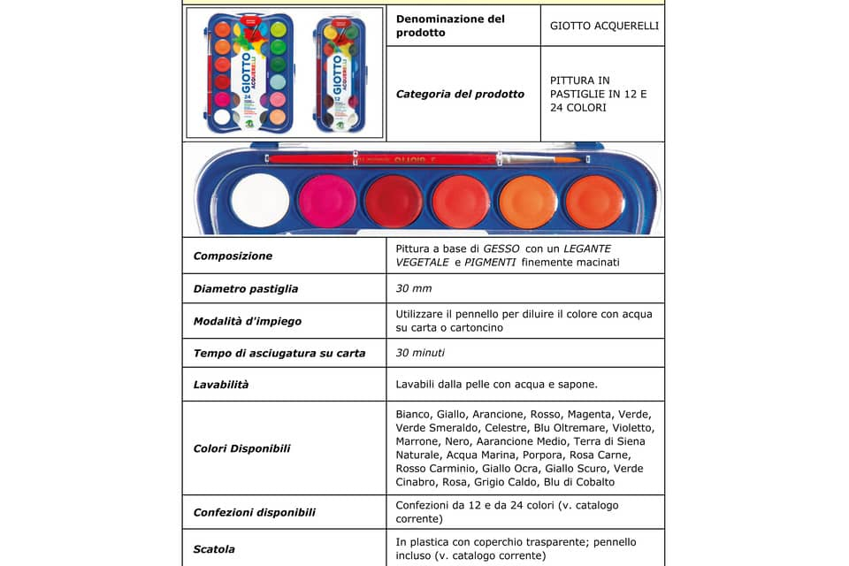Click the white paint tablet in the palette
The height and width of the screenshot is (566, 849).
(x=260, y=201)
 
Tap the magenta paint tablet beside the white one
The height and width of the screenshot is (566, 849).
(x=327, y=201)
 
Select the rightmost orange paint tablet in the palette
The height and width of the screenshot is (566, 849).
(x=594, y=201)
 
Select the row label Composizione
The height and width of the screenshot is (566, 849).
(x=233, y=256)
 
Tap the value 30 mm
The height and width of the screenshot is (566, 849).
(x=414, y=288)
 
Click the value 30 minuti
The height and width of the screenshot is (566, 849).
(x=420, y=353)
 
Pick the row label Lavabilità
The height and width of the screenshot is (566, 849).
(x=221, y=385)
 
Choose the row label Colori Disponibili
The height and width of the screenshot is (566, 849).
(x=241, y=448)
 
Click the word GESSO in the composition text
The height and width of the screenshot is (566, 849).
(x=501, y=249)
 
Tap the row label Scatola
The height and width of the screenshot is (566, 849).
(x=214, y=549)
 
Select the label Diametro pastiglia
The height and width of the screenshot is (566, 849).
(x=246, y=288)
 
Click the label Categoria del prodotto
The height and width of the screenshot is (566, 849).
(x=460, y=94)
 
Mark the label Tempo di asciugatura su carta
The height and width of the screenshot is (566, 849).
(x=279, y=353)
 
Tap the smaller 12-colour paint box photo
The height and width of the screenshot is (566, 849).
(x=341, y=74)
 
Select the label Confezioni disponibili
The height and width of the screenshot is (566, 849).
(x=255, y=512)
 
